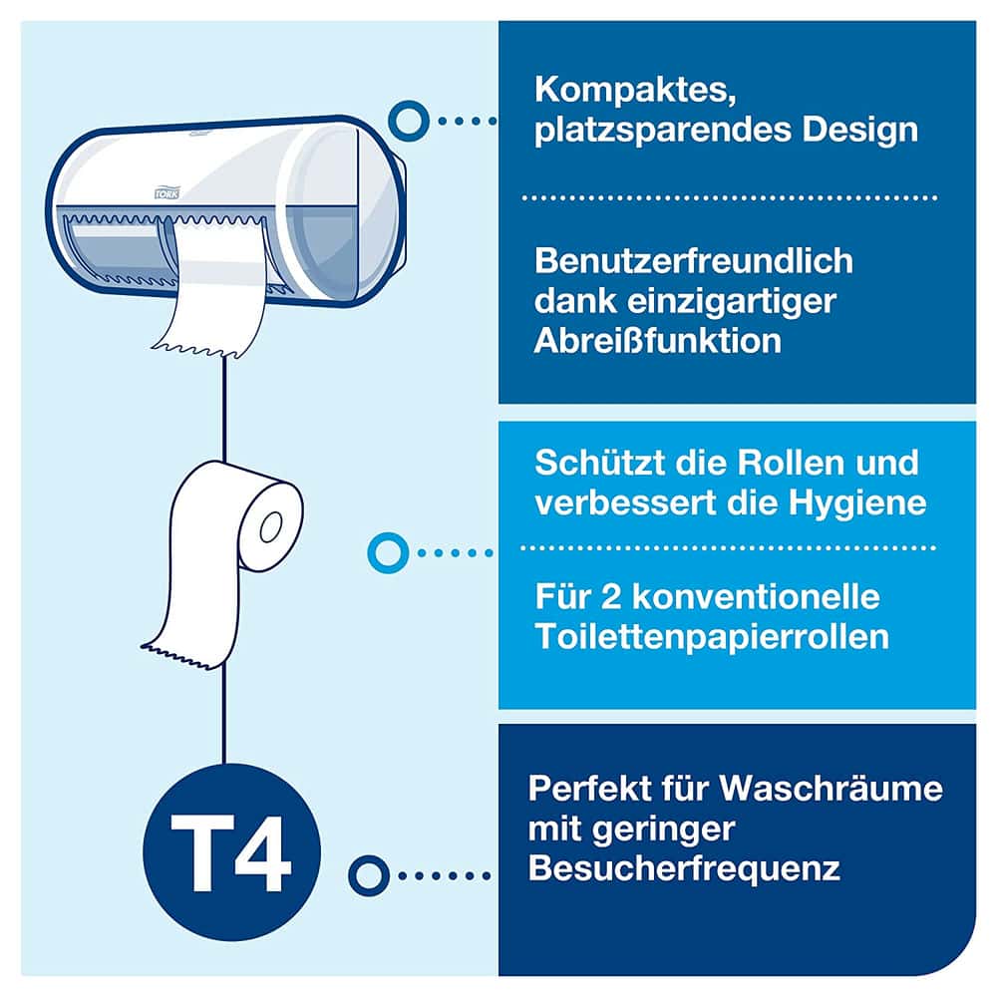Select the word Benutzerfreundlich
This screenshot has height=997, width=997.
[x=694, y=260]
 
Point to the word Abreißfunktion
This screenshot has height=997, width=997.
[x=657, y=341]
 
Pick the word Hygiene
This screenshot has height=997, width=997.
[x=857, y=503]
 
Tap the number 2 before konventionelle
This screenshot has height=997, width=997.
[x=611, y=597]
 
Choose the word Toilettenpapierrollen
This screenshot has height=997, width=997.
[x=712, y=637]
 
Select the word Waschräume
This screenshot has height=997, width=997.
[x=831, y=789]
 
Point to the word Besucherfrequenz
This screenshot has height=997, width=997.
[x=684, y=868]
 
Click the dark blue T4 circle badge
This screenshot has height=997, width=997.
[x=232, y=852]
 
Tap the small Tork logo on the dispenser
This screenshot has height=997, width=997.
[x=167, y=192]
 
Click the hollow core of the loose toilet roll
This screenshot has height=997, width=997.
[x=271, y=527]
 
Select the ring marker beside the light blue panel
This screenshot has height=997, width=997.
[x=388, y=552]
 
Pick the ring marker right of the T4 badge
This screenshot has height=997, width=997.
[x=369, y=875]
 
